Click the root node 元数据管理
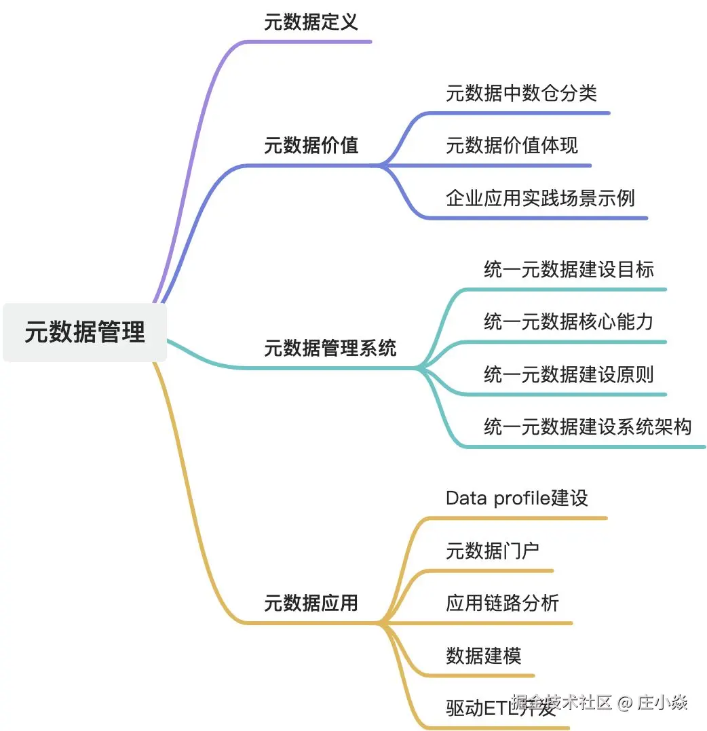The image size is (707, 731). (85, 332)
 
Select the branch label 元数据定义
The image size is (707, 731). (311, 22)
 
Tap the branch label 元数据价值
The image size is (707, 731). (311, 145)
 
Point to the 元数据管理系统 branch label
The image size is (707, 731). (330, 349)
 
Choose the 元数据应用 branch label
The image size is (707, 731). (311, 603)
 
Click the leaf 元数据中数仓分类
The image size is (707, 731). (521, 93)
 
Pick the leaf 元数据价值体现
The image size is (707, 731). (512, 145)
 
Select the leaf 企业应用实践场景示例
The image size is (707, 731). (540, 197)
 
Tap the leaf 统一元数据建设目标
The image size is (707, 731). (569, 269)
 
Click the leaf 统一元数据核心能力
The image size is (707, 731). (569, 321)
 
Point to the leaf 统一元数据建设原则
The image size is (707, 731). (569, 374)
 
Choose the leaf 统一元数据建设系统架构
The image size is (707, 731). (588, 427)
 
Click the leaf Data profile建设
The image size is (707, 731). (516, 498)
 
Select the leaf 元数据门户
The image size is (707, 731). (493, 551)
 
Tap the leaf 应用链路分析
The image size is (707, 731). (502, 603)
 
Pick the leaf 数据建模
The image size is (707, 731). (483, 656)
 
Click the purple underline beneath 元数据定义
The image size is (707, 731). (312, 41)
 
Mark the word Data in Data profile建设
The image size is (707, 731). (466, 498)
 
